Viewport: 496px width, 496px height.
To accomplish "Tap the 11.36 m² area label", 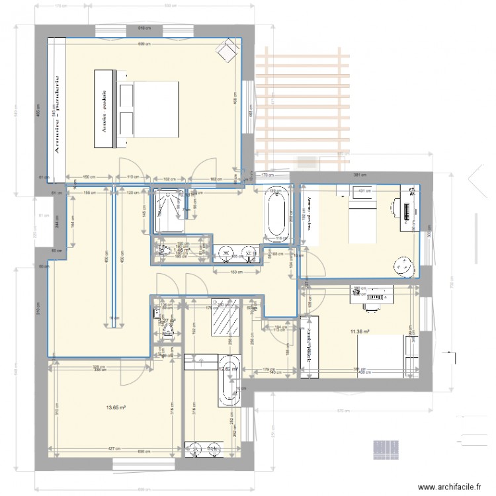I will pos(360,331).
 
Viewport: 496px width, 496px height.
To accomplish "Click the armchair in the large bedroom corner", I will pos(228,50).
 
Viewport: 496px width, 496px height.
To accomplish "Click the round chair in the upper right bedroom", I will pos(402,266).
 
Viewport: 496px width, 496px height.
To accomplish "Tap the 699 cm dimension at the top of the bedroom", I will pos(143,44).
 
